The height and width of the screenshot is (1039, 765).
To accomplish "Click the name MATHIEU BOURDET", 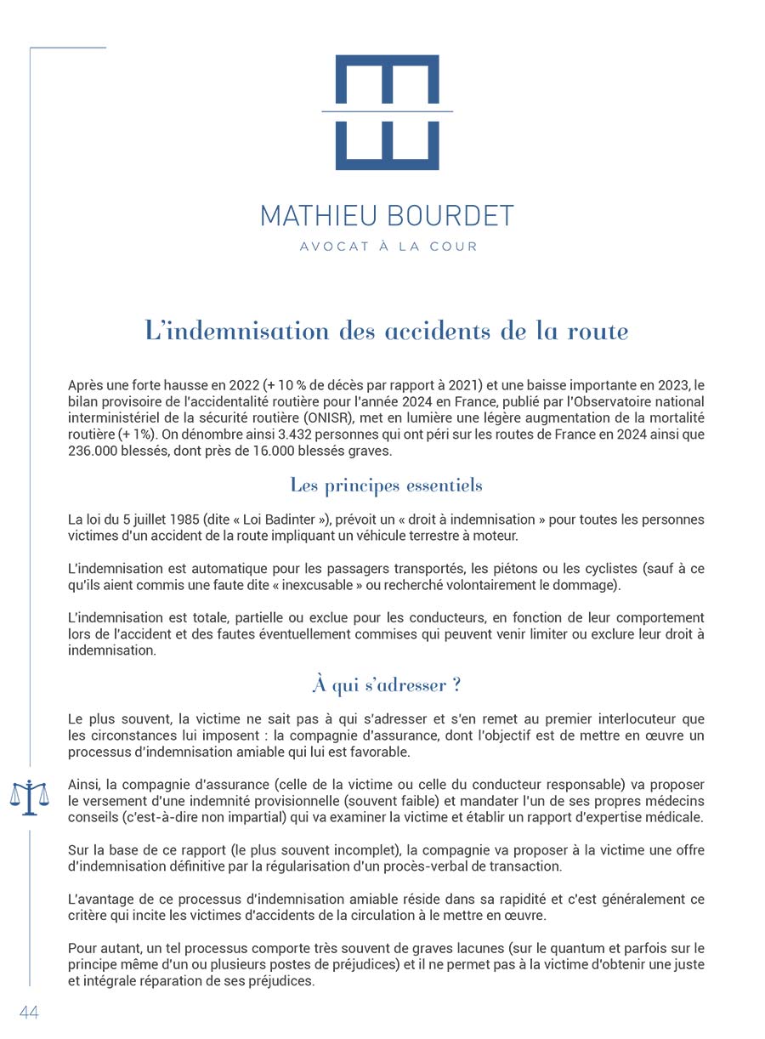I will coord(387,215).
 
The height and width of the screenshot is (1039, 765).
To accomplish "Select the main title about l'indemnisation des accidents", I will coord(387,331).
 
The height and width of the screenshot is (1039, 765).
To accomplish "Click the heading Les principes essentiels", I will coord(386,486).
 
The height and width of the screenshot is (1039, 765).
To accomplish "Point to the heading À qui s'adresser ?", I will coord(386,684).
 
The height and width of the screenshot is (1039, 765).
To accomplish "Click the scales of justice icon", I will coord(29,796).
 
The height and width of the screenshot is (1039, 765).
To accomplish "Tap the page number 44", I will coord(29,1012).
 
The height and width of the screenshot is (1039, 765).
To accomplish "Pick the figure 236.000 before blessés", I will coord(96,451).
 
